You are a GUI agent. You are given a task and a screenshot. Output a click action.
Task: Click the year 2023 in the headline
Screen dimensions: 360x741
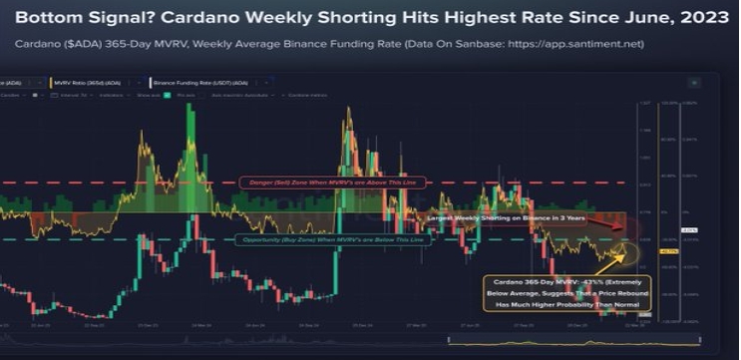click(x=695, y=17)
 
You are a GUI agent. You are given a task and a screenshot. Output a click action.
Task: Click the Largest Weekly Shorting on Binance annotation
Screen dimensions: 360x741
click(x=505, y=216)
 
